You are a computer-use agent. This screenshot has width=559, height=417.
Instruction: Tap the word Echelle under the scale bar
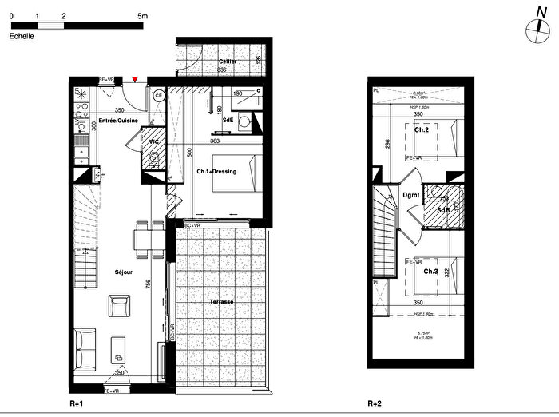[x=22, y=37]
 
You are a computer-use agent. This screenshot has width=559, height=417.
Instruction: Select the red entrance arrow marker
[x=136, y=78]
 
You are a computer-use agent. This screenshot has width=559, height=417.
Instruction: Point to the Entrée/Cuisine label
[x=118, y=121]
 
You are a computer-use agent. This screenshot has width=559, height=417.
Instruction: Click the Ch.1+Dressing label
[x=216, y=172]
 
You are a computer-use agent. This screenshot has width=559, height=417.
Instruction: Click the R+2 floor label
[x=376, y=404]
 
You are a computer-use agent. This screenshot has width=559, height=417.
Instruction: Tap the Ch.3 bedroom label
[x=430, y=272]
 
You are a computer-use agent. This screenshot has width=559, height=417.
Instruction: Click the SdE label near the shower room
[x=228, y=120]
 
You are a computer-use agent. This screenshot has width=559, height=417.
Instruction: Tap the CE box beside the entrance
[x=158, y=96]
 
